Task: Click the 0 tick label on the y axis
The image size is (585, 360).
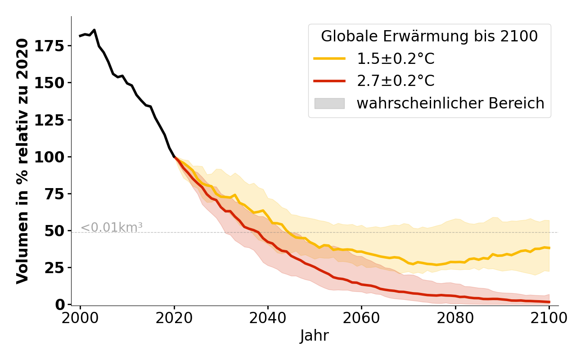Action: [60, 305]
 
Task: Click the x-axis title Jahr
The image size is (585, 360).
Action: [315, 336]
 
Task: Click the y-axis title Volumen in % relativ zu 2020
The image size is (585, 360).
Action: [22, 161]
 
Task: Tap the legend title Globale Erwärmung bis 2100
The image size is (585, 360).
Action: [429, 36]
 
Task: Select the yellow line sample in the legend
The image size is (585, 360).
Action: [329, 58]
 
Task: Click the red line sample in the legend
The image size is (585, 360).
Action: [329, 81]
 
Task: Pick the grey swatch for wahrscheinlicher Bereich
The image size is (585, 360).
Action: [329, 103]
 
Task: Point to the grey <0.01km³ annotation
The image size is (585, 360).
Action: [112, 228]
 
